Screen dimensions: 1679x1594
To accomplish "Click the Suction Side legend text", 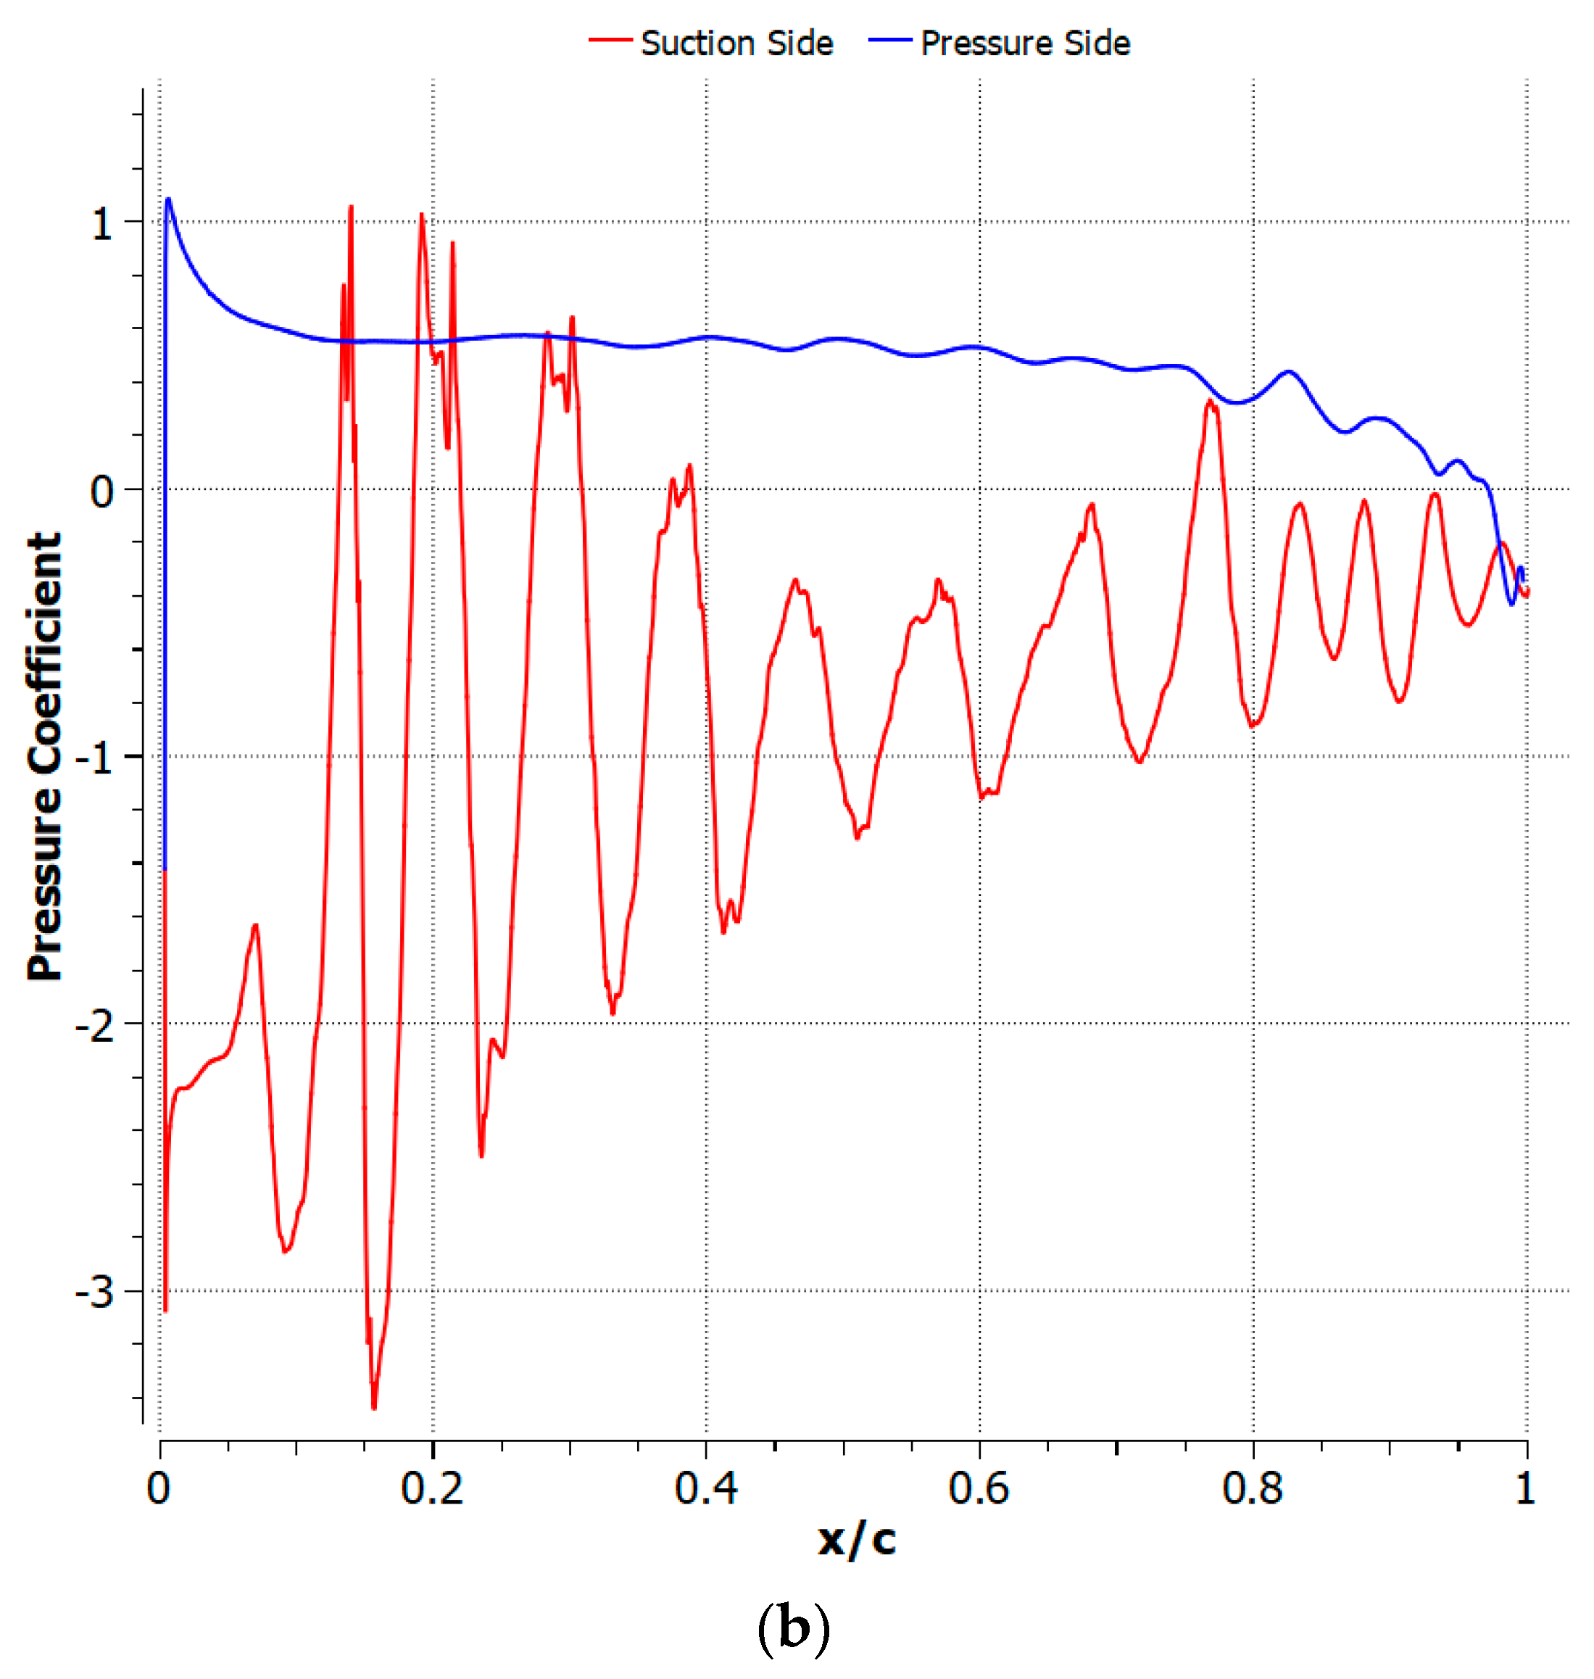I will click(x=736, y=43).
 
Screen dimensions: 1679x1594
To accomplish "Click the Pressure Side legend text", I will click(x=1026, y=43).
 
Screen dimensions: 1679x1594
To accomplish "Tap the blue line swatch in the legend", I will click(x=889, y=40).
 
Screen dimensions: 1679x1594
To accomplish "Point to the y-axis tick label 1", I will click(x=102, y=224).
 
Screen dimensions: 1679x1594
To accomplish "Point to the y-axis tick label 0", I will click(x=102, y=491).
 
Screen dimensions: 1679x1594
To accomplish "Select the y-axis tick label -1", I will click(x=94, y=758).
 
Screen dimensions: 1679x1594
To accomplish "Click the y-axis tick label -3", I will click(x=94, y=1293).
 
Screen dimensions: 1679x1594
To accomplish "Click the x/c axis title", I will click(x=857, y=1540).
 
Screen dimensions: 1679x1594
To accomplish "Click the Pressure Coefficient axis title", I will click(x=44, y=756).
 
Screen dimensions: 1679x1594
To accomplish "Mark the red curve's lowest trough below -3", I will click(x=374, y=1406).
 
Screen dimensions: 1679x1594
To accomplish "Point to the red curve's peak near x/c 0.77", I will click(x=1210, y=402).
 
